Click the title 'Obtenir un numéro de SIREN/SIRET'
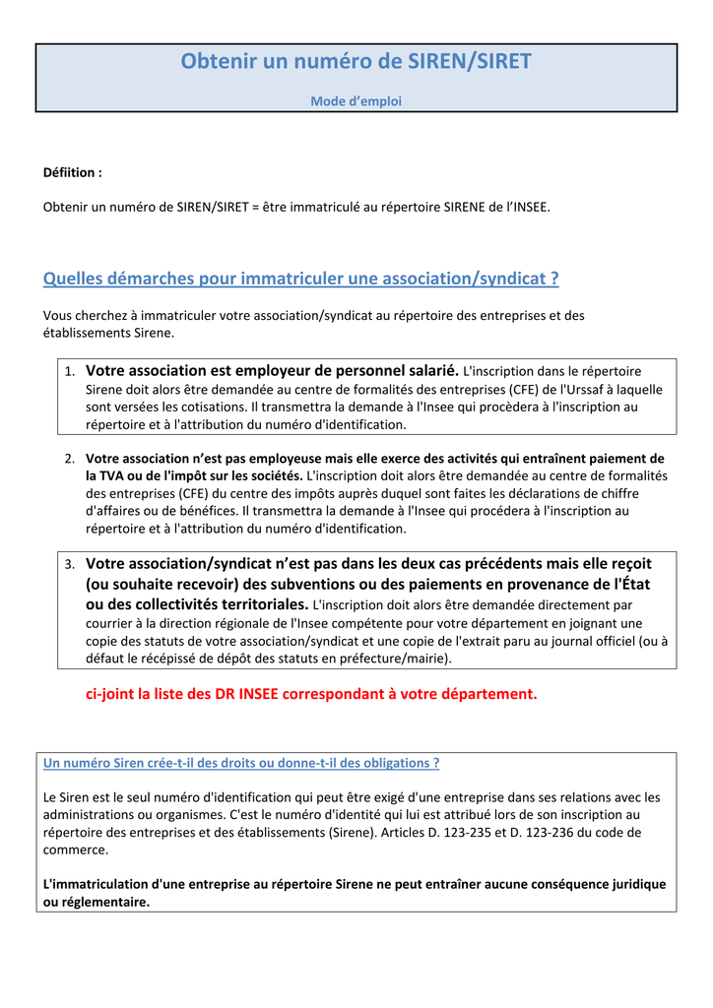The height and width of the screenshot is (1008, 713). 356,62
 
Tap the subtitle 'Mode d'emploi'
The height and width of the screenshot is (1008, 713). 356,101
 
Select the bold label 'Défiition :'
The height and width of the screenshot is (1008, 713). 72,172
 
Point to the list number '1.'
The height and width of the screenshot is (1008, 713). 70,372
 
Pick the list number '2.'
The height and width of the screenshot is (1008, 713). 70,459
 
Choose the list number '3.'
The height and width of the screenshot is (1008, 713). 70,565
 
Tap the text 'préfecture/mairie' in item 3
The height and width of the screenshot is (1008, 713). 393,659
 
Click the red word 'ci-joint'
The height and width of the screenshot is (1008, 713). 111,694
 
